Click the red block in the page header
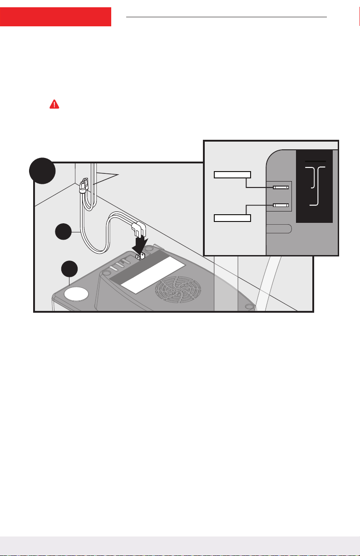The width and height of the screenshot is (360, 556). click(55, 16)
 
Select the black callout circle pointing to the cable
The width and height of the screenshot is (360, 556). click(64, 232)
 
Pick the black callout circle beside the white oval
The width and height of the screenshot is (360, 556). click(69, 269)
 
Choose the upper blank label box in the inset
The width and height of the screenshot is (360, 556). click(232, 175)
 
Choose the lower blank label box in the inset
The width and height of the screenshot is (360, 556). click(232, 218)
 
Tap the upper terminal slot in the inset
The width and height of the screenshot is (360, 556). click(281, 187)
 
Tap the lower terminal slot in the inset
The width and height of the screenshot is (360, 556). click(281, 205)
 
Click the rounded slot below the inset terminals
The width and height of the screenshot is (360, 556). click(278, 228)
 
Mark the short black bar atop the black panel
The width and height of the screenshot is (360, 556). click(315, 161)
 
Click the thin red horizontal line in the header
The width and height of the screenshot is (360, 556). click(226, 17)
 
